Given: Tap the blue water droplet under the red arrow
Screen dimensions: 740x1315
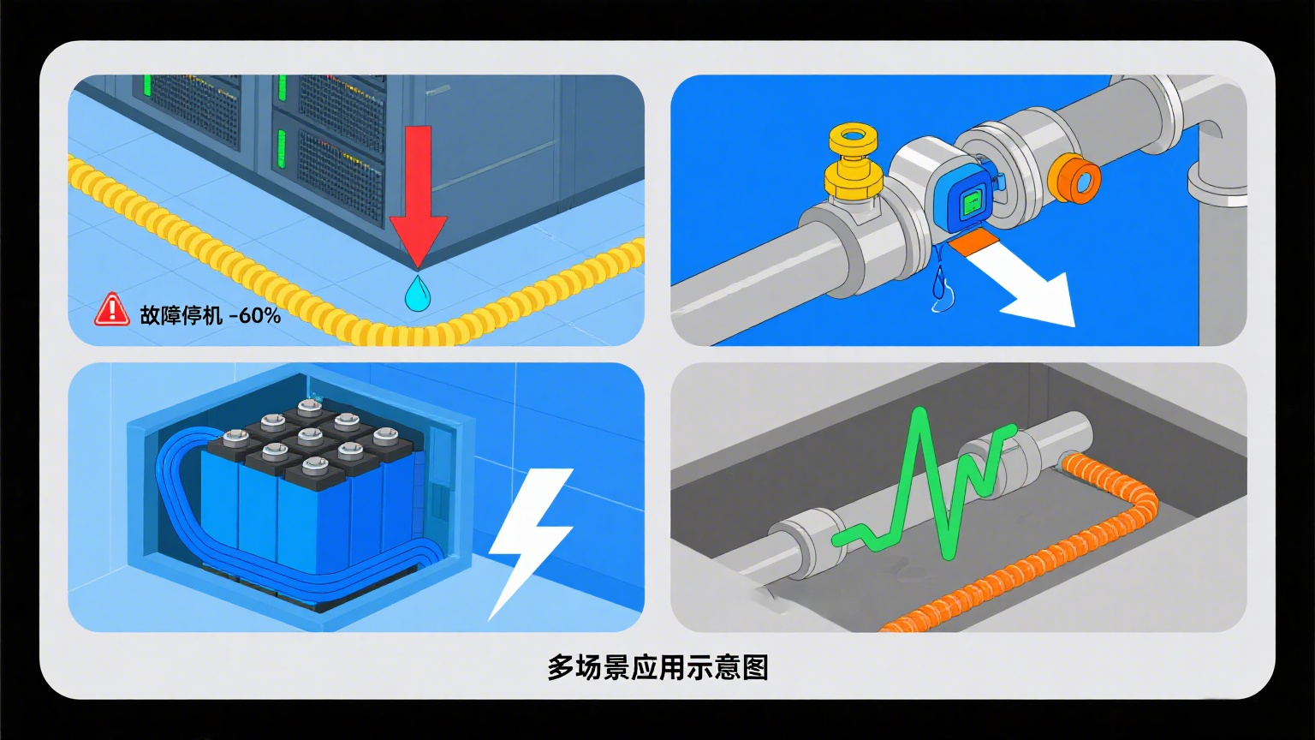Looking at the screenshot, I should [x=418, y=294].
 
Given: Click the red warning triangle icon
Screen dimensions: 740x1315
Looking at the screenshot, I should [x=111, y=310].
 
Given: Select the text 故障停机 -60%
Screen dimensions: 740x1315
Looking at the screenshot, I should [x=210, y=314].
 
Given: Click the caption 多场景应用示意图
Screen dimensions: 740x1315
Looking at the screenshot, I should [x=657, y=666].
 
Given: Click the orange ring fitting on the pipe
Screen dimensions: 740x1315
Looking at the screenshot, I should [x=1074, y=178].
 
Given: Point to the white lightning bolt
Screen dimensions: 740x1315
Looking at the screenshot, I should [x=529, y=540].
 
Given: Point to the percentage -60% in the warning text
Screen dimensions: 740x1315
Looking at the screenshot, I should [x=254, y=314].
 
